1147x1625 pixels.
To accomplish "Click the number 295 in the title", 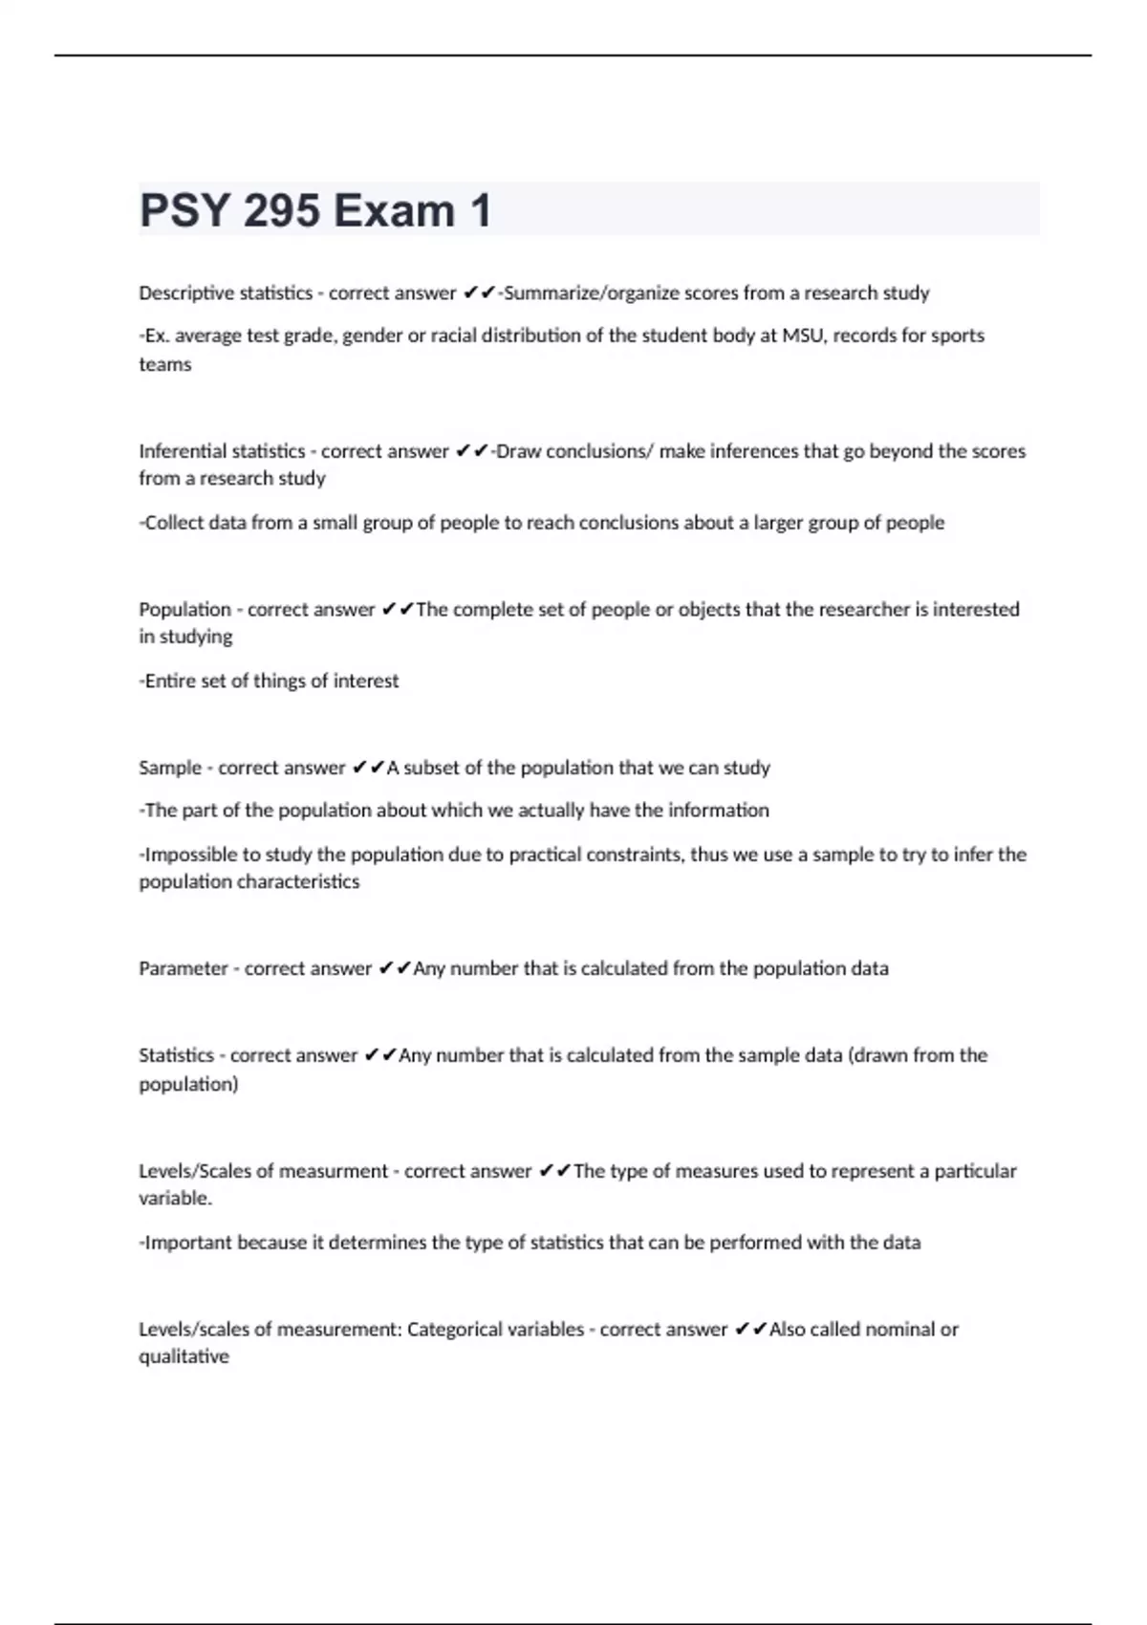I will pyautogui.click(x=281, y=210).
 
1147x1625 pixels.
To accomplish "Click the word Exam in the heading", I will pyautogui.click(x=394, y=210).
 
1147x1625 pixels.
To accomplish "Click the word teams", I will pyautogui.click(x=165, y=364).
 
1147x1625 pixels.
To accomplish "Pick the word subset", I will pyautogui.click(x=433, y=768).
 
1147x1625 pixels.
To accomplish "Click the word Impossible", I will pyautogui.click(x=190, y=855).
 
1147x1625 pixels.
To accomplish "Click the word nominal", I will pyautogui.click(x=900, y=1330).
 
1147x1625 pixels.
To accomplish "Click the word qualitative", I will pyautogui.click(x=184, y=1357).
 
